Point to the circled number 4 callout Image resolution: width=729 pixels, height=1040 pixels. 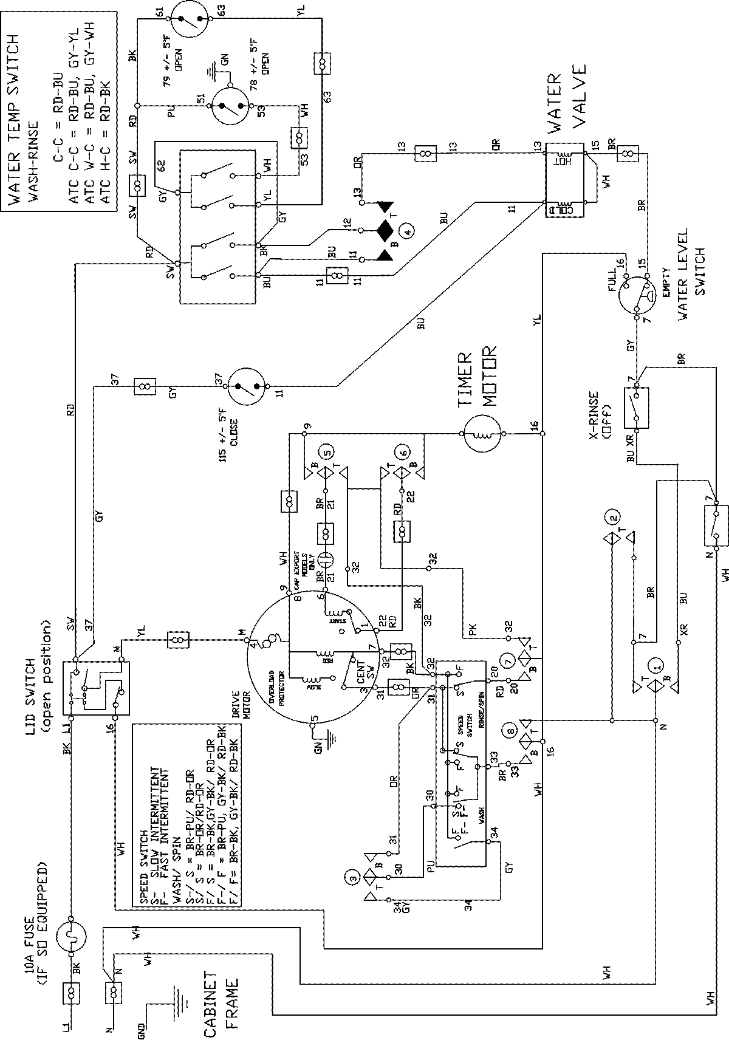pos(409,230)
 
